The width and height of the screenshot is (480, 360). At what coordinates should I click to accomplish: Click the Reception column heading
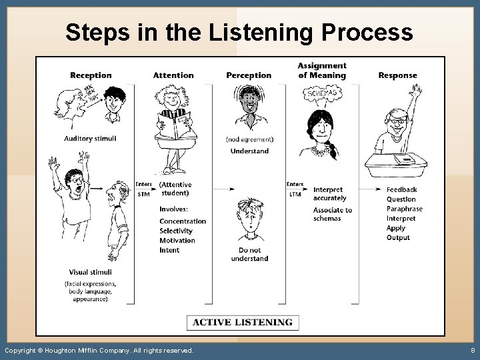pyautogui.click(x=91, y=75)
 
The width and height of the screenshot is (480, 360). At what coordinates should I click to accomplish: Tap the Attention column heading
pyautogui.click(x=173, y=75)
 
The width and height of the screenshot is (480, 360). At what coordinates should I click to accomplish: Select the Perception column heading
pyautogui.click(x=249, y=75)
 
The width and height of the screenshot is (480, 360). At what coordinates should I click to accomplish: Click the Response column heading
pyautogui.click(x=397, y=75)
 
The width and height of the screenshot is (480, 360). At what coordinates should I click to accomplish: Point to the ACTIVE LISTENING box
pyautogui.click(x=243, y=323)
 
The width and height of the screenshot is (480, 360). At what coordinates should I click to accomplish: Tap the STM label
pyautogui.click(x=143, y=195)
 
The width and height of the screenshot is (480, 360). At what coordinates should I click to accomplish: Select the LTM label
pyautogui.click(x=295, y=195)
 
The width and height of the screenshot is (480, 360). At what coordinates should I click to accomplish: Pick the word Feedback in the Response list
pyautogui.click(x=401, y=189)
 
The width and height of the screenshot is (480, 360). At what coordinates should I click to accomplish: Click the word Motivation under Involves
pyautogui.click(x=177, y=241)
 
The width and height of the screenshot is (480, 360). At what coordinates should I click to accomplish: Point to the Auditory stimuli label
pyautogui.click(x=91, y=139)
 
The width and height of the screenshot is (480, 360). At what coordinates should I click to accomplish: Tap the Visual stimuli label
pyautogui.click(x=90, y=272)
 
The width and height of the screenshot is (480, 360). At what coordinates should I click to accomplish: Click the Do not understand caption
pyautogui.click(x=249, y=254)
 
